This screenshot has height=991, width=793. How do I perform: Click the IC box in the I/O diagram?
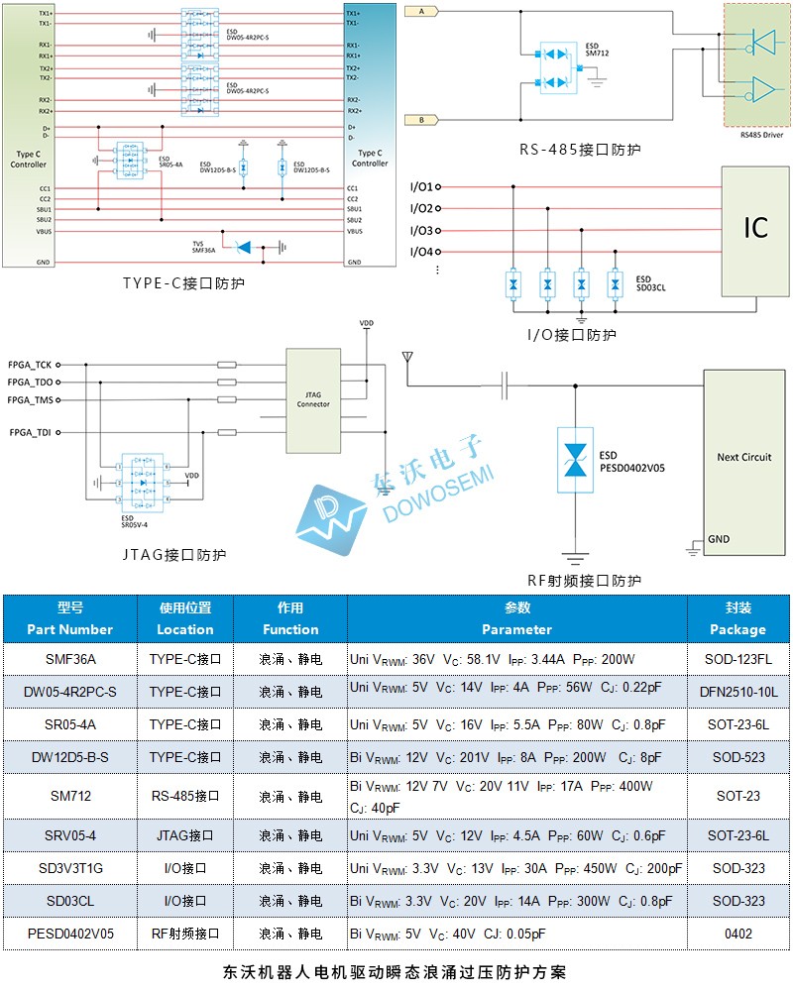pos(755,229)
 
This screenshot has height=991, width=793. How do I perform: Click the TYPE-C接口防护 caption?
pos(183,283)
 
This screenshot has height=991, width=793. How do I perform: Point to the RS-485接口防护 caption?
pos(580,150)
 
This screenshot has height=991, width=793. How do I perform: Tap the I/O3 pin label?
pos(421,230)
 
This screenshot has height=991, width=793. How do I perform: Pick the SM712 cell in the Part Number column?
pos(69,796)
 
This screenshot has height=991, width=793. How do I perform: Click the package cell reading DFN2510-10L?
pos(738,691)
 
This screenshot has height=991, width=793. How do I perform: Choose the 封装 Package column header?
pos(738,618)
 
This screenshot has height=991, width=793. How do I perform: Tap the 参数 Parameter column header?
pos(516,618)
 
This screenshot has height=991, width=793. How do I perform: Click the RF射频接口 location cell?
pos(184,933)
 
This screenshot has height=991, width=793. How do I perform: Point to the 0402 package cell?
pos(738,933)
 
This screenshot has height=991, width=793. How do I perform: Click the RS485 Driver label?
pos(760,134)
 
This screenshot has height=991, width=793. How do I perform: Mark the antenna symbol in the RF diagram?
pos(406,356)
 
